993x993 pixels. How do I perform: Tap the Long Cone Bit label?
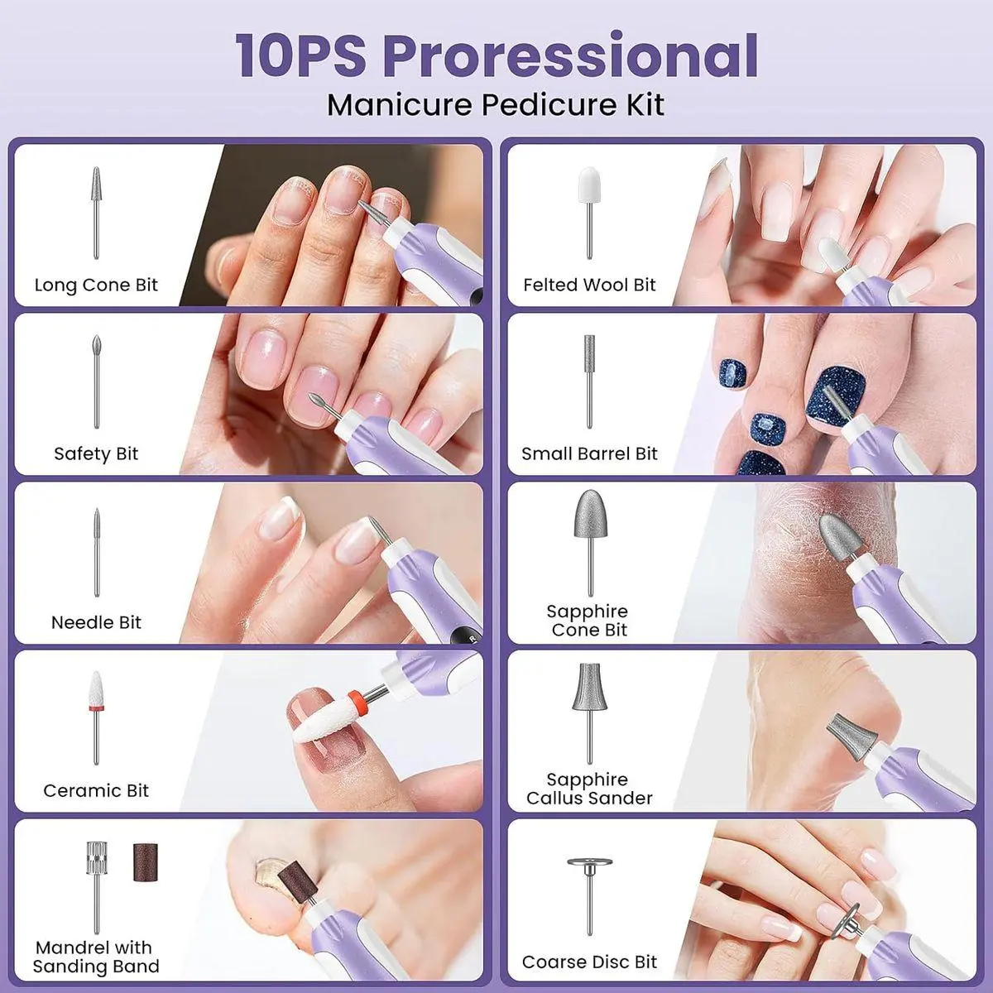[x=96, y=285]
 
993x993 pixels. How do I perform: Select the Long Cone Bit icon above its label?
[x=96, y=213]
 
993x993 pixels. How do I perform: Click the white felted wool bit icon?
[x=589, y=213]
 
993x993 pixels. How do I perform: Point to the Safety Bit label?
[x=96, y=453]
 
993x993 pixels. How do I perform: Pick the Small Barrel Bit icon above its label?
[x=589, y=381]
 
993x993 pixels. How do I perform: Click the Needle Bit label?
[x=96, y=622]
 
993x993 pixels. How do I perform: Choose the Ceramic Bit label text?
[x=96, y=790]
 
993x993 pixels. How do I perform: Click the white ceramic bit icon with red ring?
[x=96, y=717]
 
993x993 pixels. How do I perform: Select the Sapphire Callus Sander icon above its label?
[x=589, y=713]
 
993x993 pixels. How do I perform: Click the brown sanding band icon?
[x=146, y=862]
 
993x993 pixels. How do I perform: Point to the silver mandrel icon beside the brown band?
[x=96, y=888]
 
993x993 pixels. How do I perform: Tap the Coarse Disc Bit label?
[x=589, y=962]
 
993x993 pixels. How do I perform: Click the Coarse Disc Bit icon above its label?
[x=589, y=897]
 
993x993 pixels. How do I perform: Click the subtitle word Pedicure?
[x=549, y=104]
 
